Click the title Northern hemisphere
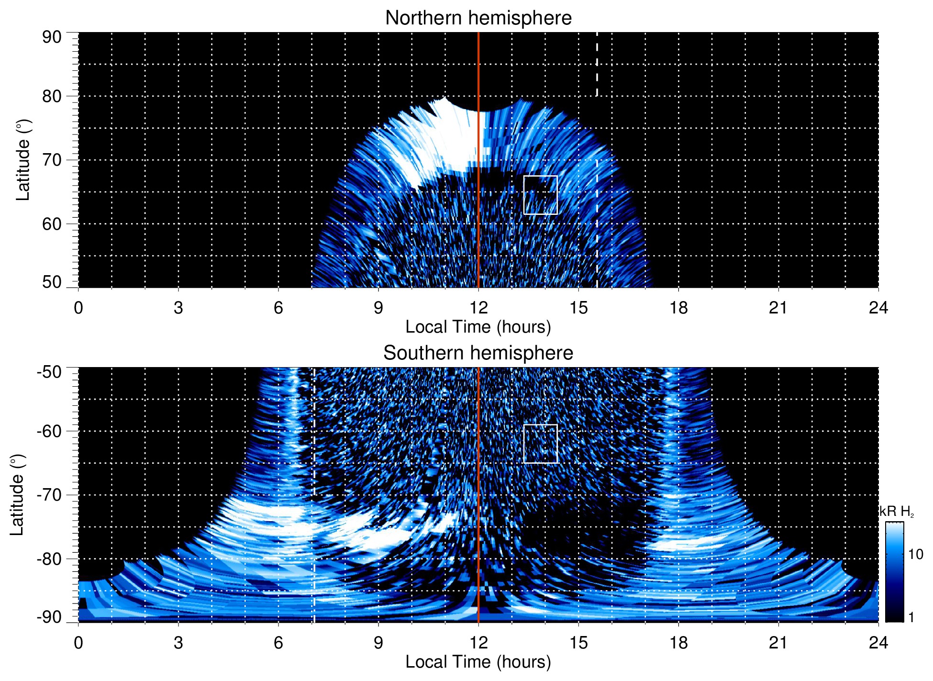point(478,18)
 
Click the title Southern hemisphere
point(478,353)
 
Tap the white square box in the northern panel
point(541,195)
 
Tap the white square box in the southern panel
point(541,444)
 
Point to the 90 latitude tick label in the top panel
point(52,37)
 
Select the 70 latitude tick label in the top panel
point(52,160)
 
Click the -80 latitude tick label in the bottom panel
point(49,558)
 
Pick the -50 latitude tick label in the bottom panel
point(49,372)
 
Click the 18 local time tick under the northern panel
point(678,308)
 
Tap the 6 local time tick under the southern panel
point(278,643)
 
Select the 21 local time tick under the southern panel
point(778,643)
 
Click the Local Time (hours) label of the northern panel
point(478,327)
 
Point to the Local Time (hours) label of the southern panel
point(478,662)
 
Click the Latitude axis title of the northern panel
point(23,160)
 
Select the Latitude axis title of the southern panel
point(17,495)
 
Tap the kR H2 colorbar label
point(897,512)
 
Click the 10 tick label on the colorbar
point(915,555)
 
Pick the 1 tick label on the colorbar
point(911,617)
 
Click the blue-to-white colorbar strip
point(894,572)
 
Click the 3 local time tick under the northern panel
point(178,308)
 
